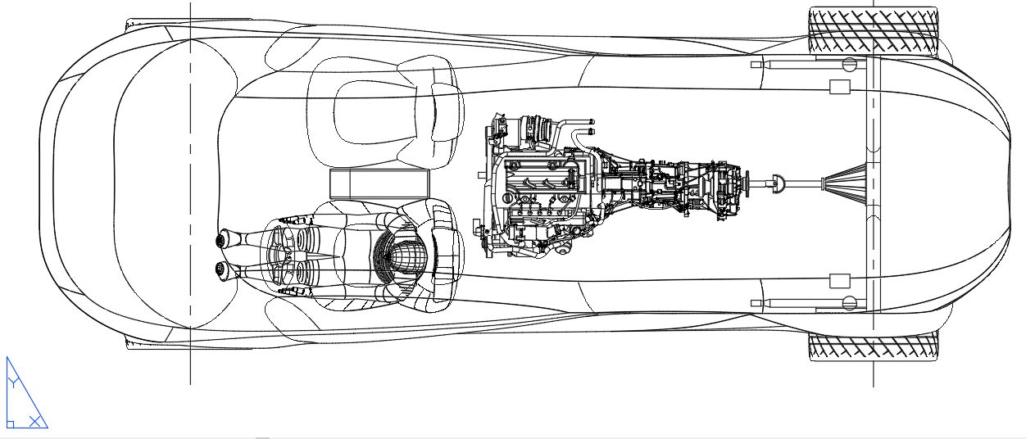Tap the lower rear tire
pos(873,347)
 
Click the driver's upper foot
pos(222,239)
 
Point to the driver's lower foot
pos(222,269)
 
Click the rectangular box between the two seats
pos(379,184)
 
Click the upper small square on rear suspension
pos(840,87)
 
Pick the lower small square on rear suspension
pos(840,281)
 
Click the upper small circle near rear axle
pos(850,63)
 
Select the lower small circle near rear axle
pos(850,303)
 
